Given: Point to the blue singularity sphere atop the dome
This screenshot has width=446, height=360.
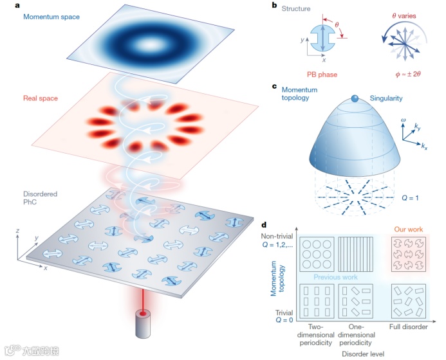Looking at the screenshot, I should pyautogui.click(x=355, y=99).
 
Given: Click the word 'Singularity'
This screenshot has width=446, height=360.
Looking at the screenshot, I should pyautogui.click(x=387, y=98).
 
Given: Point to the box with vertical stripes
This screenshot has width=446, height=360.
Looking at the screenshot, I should pyautogui.click(x=356, y=254).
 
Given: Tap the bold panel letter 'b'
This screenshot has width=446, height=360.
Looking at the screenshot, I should pyautogui.click(x=275, y=6).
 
